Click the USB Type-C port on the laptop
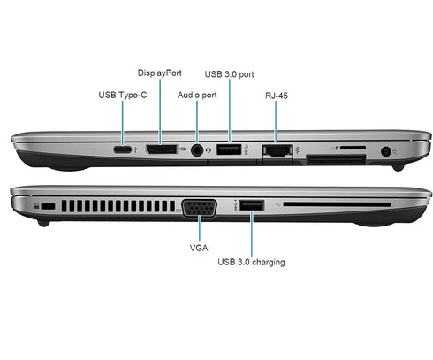pyautogui.click(x=125, y=151)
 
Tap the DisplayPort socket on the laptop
pyautogui.click(x=161, y=151)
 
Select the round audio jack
pyautogui.click(x=197, y=151)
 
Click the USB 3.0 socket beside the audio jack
pyautogui.click(x=228, y=151)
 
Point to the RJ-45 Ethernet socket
pyautogui.click(x=276, y=151)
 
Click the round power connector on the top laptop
pyautogui.click(x=386, y=151)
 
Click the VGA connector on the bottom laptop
pyautogui.click(x=201, y=209)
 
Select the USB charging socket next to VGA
pyautogui.click(x=250, y=206)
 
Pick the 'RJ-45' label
pyautogui.click(x=276, y=94)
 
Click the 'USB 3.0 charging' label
pyautogui.click(x=251, y=262)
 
